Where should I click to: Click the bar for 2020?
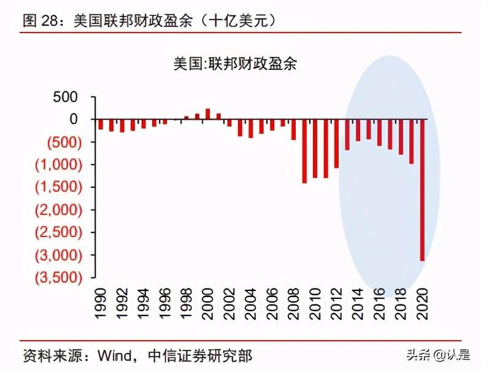tap(421, 190)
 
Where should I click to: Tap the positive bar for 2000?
tap(207, 114)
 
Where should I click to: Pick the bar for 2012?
tap(336, 143)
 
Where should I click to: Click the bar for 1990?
tap(101, 124)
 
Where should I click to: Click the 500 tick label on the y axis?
tap(65, 97)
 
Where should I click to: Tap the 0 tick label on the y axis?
tap(73, 119)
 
